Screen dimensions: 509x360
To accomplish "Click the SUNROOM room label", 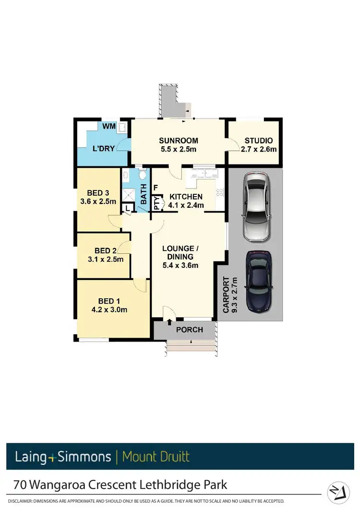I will pyautogui.click(x=179, y=141).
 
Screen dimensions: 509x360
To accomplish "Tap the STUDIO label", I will pyautogui.click(x=259, y=141).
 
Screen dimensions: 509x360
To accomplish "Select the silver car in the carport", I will pyautogui.click(x=257, y=207).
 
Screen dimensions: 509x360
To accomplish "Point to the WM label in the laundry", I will pyautogui.click(x=108, y=127).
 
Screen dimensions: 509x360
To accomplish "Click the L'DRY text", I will pyautogui.click(x=103, y=148).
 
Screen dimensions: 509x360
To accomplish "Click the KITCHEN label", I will pyautogui.click(x=186, y=197).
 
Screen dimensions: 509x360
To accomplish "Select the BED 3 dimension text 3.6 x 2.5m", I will pyautogui.click(x=98, y=201).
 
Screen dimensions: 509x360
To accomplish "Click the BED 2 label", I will pyautogui.click(x=106, y=250).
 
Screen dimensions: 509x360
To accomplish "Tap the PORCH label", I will pyautogui.click(x=189, y=330).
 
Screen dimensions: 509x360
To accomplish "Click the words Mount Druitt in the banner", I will pyautogui.click(x=156, y=456).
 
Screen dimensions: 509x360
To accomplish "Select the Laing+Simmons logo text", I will pyautogui.click(x=62, y=456).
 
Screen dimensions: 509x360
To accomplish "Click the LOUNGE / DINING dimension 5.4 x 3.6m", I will pyautogui.click(x=180, y=265).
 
